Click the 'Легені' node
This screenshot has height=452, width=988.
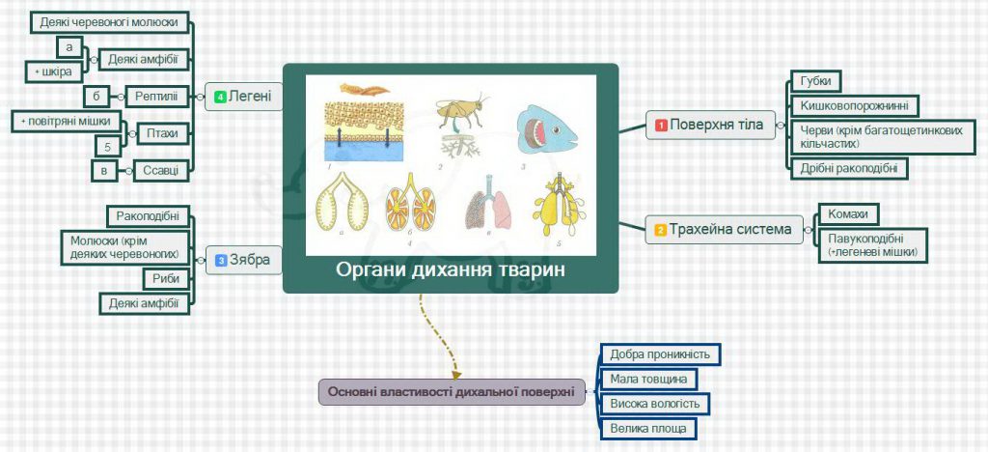pos(244,97)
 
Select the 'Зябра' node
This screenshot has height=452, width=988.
pos(244,259)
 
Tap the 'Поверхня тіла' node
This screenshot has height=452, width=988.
pos(709,125)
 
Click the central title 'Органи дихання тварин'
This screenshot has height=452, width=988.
pos(450,269)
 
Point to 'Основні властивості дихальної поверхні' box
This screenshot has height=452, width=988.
pos(452,391)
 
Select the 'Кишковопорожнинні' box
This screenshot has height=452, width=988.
pos(854,105)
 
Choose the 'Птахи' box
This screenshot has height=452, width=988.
pos(163,132)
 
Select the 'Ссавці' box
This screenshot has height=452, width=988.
pos(159,170)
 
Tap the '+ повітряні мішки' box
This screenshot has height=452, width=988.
pos(68,121)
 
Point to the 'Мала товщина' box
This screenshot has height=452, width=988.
pos(648,379)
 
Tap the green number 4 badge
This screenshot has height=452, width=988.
pos(220,97)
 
